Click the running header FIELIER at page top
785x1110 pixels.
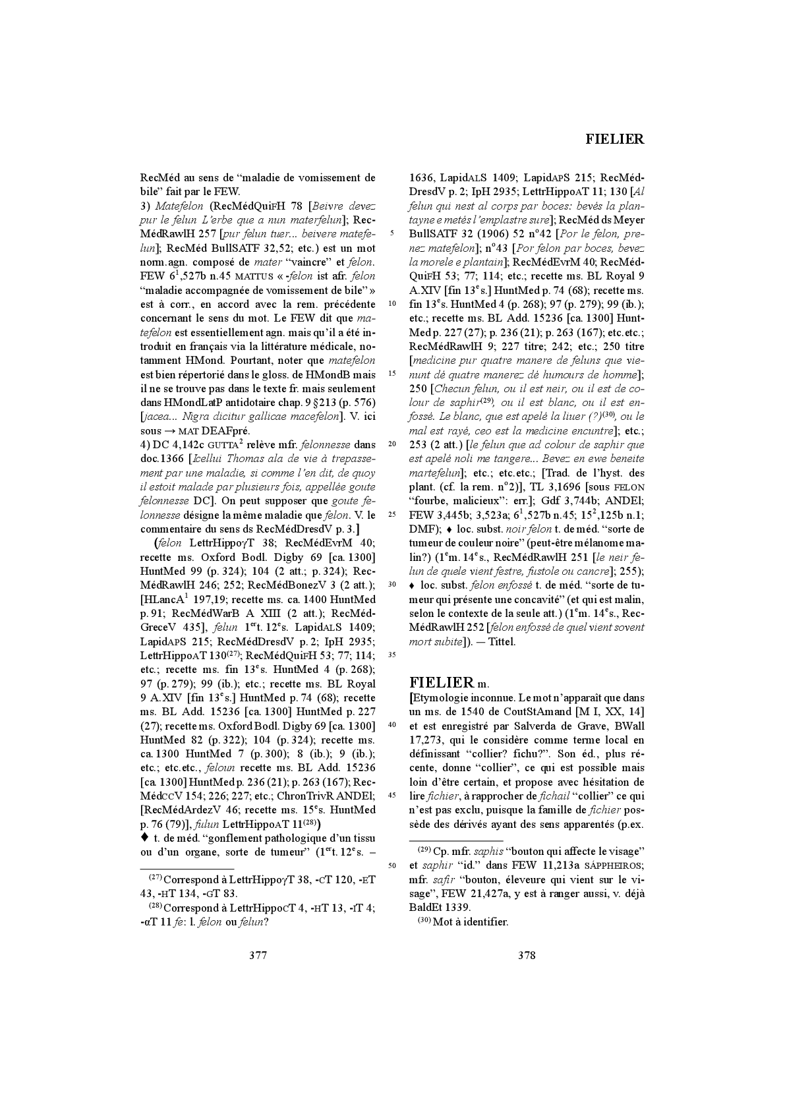coord(614,139)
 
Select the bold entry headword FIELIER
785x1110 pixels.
coord(442,682)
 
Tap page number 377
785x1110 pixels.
coord(258,955)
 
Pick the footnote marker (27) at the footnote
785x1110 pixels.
coord(156,879)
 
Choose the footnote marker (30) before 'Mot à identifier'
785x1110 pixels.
coord(424,921)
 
